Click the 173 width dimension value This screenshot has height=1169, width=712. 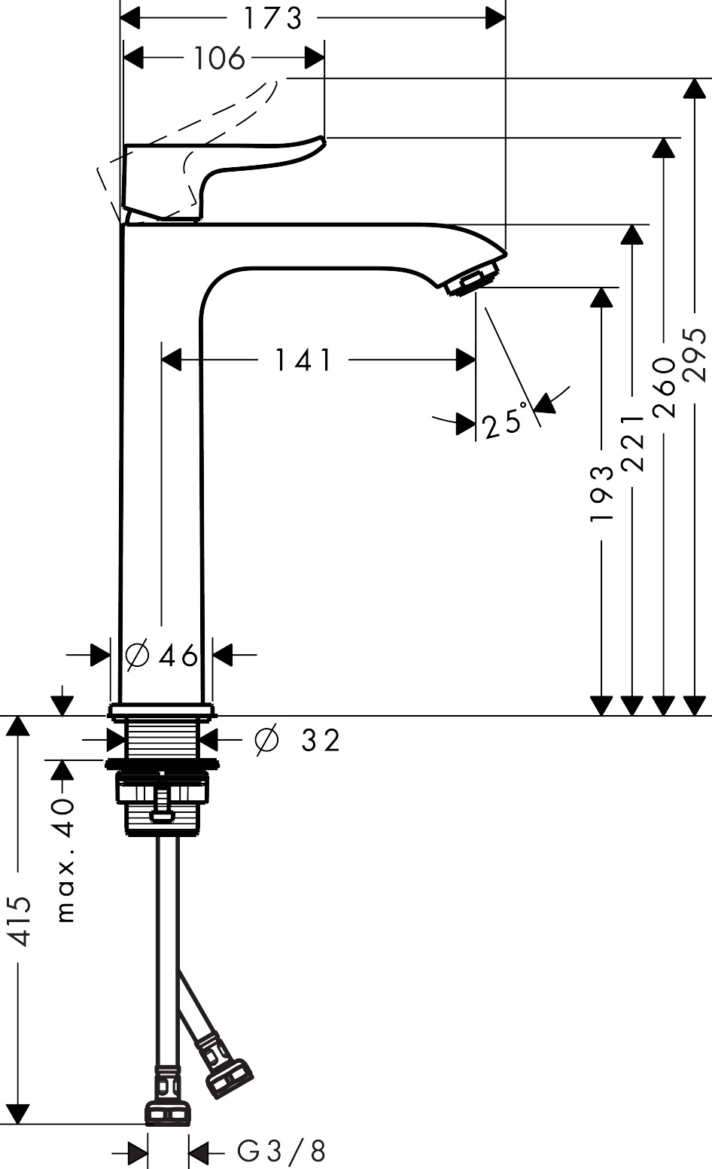click(272, 18)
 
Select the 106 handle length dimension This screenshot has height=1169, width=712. click(220, 58)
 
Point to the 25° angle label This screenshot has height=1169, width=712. click(504, 422)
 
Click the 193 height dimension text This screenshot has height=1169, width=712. click(602, 493)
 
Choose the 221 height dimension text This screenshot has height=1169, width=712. click(633, 442)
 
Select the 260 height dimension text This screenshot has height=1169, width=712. click(664, 387)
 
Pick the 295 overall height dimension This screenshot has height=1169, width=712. click(695, 353)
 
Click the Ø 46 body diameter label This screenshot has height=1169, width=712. click(162, 656)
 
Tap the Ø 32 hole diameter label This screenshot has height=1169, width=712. click(298, 741)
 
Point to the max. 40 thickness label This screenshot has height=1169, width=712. click(66, 860)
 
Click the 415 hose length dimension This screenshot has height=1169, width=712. click(19, 921)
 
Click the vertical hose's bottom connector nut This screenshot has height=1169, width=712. click(167, 1112)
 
